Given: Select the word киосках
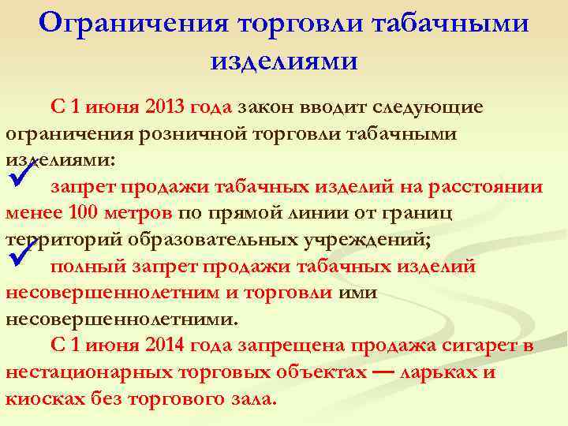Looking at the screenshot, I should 46,399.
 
